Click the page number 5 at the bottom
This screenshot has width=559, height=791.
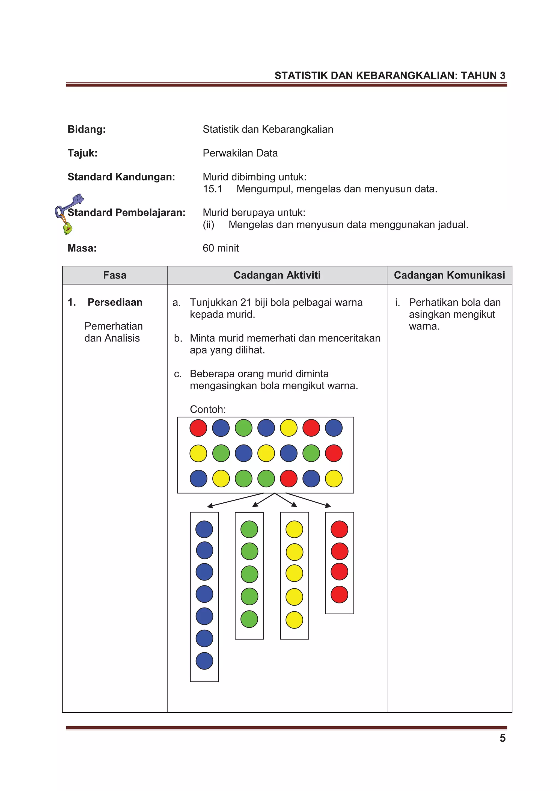point(502,738)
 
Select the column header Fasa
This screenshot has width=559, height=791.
point(115,275)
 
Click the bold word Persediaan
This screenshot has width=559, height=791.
point(115,302)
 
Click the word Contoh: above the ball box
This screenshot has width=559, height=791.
point(208,409)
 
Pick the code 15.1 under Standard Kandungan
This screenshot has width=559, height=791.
point(213,189)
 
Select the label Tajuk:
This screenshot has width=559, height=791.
point(82,153)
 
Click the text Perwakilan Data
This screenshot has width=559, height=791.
point(240,153)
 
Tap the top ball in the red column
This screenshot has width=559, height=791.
point(339,529)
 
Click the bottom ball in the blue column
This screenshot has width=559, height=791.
point(204,661)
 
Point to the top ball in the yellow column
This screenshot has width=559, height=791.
point(294,529)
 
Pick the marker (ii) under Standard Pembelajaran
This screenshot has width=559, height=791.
point(208,225)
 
